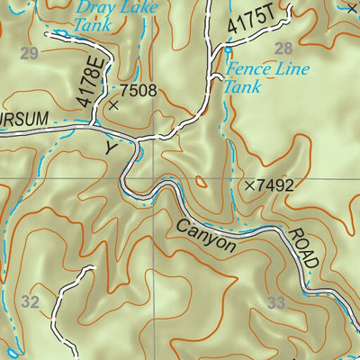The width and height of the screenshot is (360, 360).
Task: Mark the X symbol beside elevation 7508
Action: (112, 105)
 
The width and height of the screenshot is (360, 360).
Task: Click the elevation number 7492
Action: (275, 185)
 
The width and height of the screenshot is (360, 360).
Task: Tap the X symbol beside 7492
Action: (249, 185)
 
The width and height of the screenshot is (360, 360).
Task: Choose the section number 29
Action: (29, 54)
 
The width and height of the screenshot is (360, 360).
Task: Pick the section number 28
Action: (283, 48)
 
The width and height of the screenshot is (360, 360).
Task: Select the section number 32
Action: (31, 302)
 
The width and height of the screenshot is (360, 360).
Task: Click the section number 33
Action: (275, 303)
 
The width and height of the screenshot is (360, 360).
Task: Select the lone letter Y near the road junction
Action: (112, 144)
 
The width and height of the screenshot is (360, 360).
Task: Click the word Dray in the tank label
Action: (94, 8)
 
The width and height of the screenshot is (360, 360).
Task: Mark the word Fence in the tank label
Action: (247, 69)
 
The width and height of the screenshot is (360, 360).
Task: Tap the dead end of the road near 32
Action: (91, 267)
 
